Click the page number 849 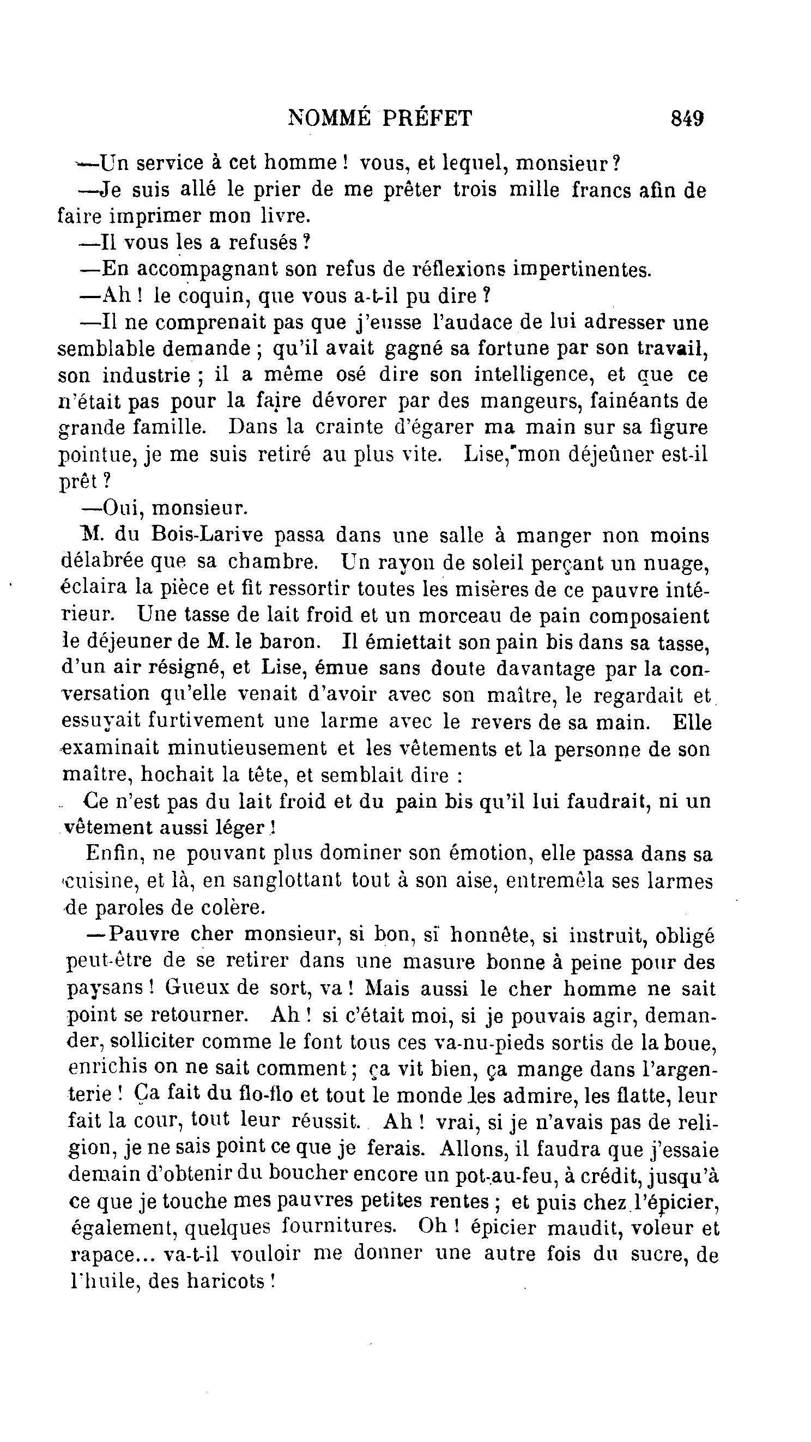click(x=687, y=119)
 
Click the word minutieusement click(x=246, y=748)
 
